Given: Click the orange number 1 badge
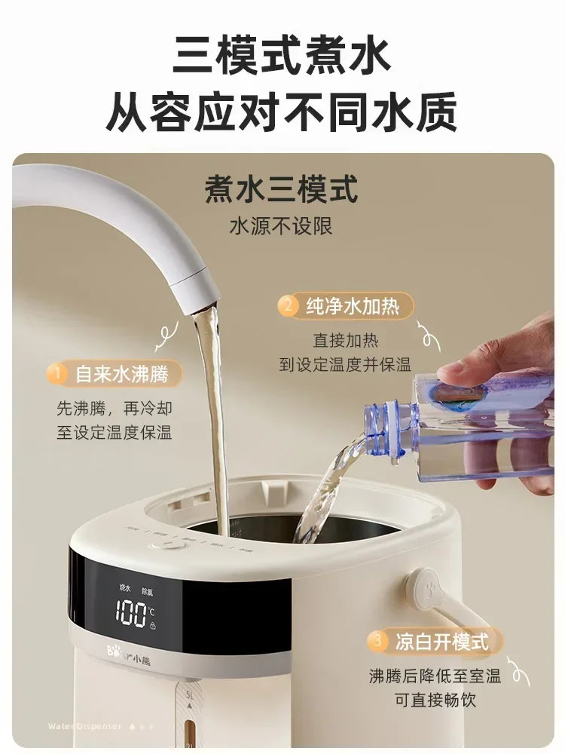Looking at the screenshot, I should click(x=56, y=373).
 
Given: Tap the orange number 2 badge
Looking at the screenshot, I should click(x=286, y=306).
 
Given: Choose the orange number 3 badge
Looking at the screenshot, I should click(x=377, y=642).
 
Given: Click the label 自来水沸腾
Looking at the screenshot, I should click(x=121, y=373).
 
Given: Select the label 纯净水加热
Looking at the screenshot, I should click(x=348, y=306).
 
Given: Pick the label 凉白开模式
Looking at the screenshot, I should click(x=441, y=642).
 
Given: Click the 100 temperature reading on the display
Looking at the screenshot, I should click(x=131, y=612).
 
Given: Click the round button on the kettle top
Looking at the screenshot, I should click(x=172, y=544).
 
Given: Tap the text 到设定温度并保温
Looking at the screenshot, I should click(x=345, y=365).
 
